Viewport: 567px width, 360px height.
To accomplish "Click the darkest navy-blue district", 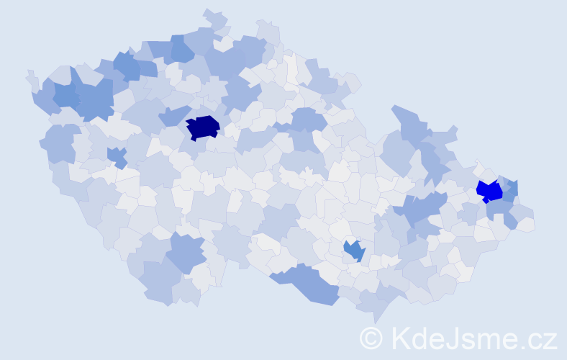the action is click(x=202, y=127).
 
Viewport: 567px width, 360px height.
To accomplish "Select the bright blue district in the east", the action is click(x=490, y=191).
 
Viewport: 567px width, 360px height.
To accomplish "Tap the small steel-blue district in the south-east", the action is click(x=354, y=251).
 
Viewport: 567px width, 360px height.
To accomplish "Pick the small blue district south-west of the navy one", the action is click(x=117, y=156).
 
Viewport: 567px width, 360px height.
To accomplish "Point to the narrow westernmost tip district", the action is click(x=31, y=77).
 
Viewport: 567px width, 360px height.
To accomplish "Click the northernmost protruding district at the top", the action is click(x=215, y=17).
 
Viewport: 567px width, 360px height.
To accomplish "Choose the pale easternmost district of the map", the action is click(x=525, y=225).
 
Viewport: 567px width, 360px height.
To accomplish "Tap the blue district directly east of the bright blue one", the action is click(x=510, y=190).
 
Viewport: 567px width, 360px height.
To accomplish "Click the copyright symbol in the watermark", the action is click(x=371, y=338).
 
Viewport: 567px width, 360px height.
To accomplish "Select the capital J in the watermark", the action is click(x=450, y=338).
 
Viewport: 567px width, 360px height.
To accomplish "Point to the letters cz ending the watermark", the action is click(x=543, y=339).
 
